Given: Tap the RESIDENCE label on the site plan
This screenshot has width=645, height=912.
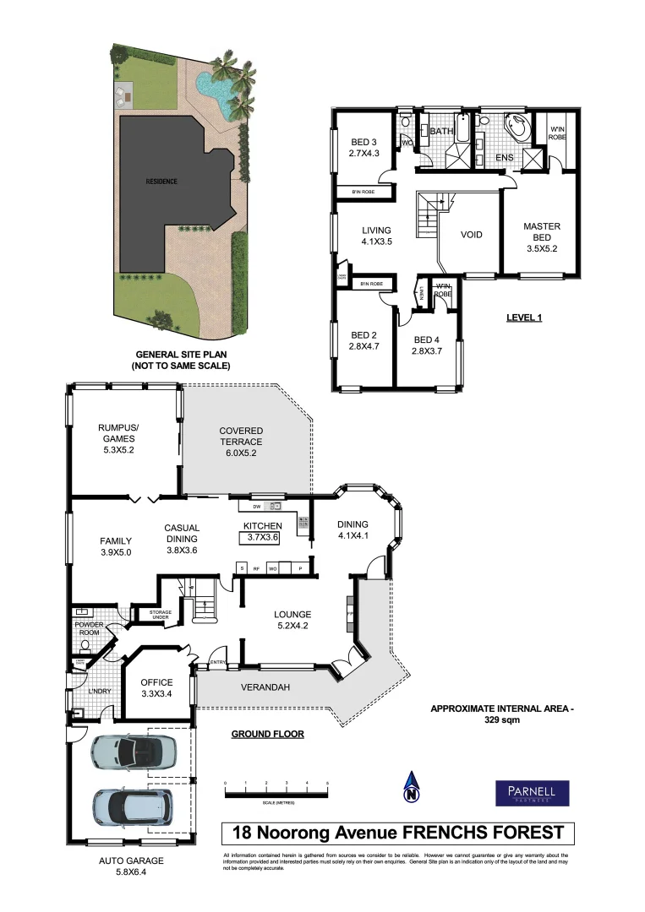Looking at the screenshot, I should pyautogui.click(x=161, y=182).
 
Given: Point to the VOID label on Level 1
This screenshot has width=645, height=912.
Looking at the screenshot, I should pyautogui.click(x=471, y=235).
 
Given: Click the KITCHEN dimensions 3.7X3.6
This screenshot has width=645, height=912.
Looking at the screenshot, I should pyautogui.click(x=263, y=537).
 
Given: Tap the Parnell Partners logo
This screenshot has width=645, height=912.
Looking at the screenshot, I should pyautogui.click(x=532, y=792).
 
